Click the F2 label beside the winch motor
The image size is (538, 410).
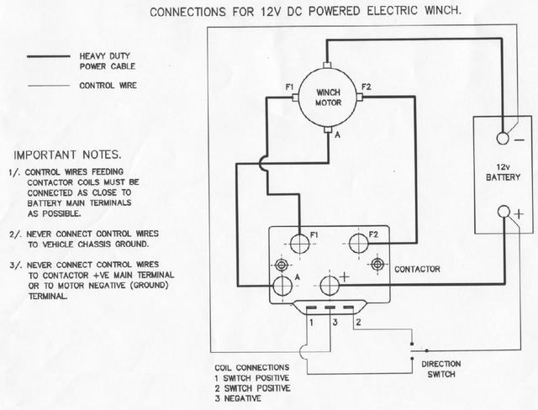click(x=366, y=87)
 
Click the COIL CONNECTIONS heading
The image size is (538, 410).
click(x=251, y=367)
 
